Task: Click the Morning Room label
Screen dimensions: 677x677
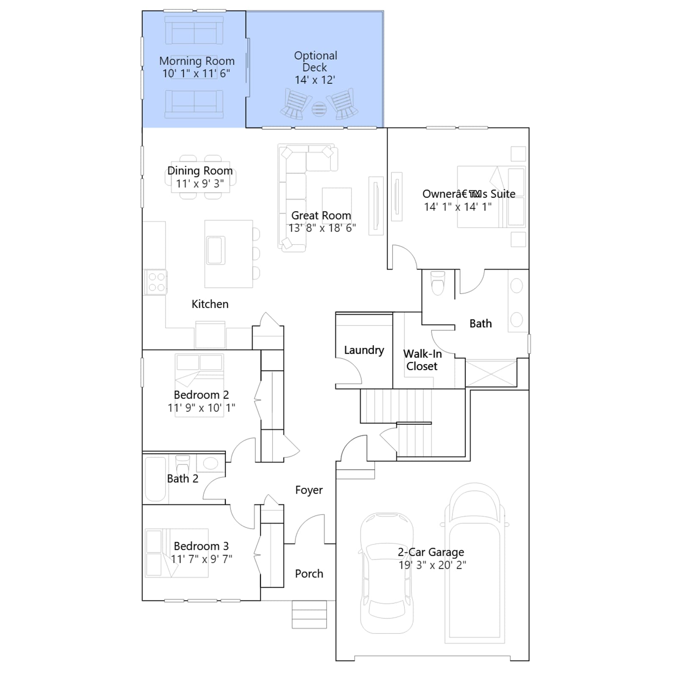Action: click(197, 61)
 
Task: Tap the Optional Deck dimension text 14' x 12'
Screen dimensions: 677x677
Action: click(315, 80)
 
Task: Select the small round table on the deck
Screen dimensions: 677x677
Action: click(319, 109)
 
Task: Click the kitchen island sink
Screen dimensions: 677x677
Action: click(216, 250)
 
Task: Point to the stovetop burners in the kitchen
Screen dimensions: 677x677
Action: click(156, 282)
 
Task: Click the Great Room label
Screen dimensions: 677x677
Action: click(321, 215)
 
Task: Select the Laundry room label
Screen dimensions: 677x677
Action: click(364, 350)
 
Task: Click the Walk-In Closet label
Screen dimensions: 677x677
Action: click(422, 360)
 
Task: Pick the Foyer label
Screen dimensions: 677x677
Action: click(309, 490)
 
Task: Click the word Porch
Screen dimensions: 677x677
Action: click(309, 574)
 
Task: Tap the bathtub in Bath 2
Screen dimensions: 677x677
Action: click(155, 479)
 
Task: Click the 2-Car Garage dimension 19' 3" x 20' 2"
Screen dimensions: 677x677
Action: click(432, 565)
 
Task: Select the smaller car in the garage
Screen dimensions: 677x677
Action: click(386, 573)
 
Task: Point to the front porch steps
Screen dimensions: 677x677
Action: click(309, 614)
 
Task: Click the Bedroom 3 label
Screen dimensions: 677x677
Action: click(201, 546)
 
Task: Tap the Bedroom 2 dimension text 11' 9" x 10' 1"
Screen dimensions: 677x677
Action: click(201, 407)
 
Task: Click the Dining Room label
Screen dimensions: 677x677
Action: click(200, 171)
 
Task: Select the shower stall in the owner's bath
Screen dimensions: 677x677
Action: click(491, 373)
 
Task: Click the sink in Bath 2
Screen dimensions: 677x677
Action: click(211, 463)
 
